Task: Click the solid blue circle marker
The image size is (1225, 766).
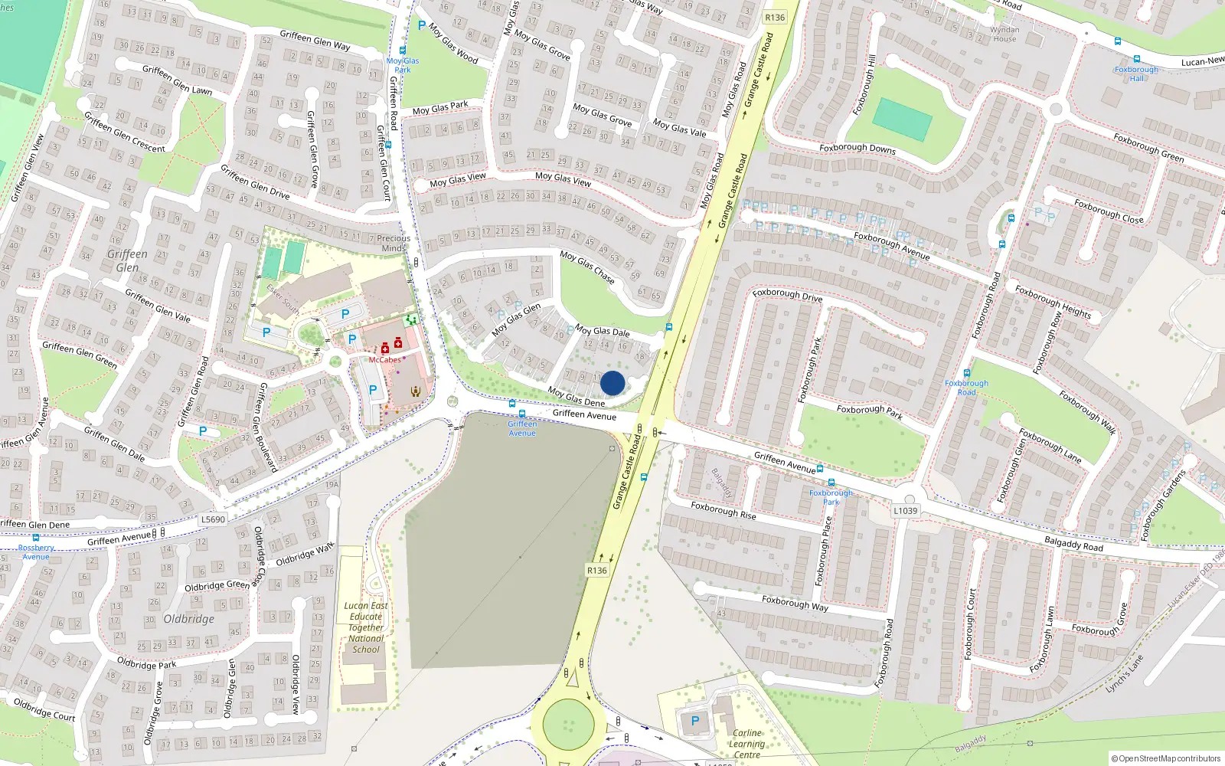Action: [612, 383]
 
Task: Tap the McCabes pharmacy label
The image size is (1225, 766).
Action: [385, 360]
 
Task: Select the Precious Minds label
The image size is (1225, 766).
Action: [394, 243]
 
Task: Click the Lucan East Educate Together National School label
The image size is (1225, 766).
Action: [366, 627]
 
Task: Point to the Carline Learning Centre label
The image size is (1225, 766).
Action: [746, 744]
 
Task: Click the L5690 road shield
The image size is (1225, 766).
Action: [213, 519]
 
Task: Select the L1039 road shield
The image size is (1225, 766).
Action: [905, 511]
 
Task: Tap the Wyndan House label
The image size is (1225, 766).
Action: [1004, 34]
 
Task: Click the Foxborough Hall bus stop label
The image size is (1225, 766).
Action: [1136, 74]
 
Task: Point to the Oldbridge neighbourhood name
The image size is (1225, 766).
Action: [188, 619]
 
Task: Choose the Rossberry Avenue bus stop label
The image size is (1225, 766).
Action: [36, 552]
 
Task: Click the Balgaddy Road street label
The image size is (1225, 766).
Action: [1073, 544]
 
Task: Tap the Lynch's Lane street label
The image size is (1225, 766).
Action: [1124, 674]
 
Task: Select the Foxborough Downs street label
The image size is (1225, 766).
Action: [857, 149]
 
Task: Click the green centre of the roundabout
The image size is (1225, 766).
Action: [568, 724]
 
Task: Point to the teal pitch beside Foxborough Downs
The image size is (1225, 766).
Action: [902, 119]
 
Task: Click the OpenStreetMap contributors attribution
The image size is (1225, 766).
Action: [1165, 758]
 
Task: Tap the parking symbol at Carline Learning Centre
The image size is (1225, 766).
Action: [695, 721]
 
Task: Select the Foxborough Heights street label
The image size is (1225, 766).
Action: [1053, 301]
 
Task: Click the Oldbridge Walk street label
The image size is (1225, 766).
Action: [305, 554]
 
